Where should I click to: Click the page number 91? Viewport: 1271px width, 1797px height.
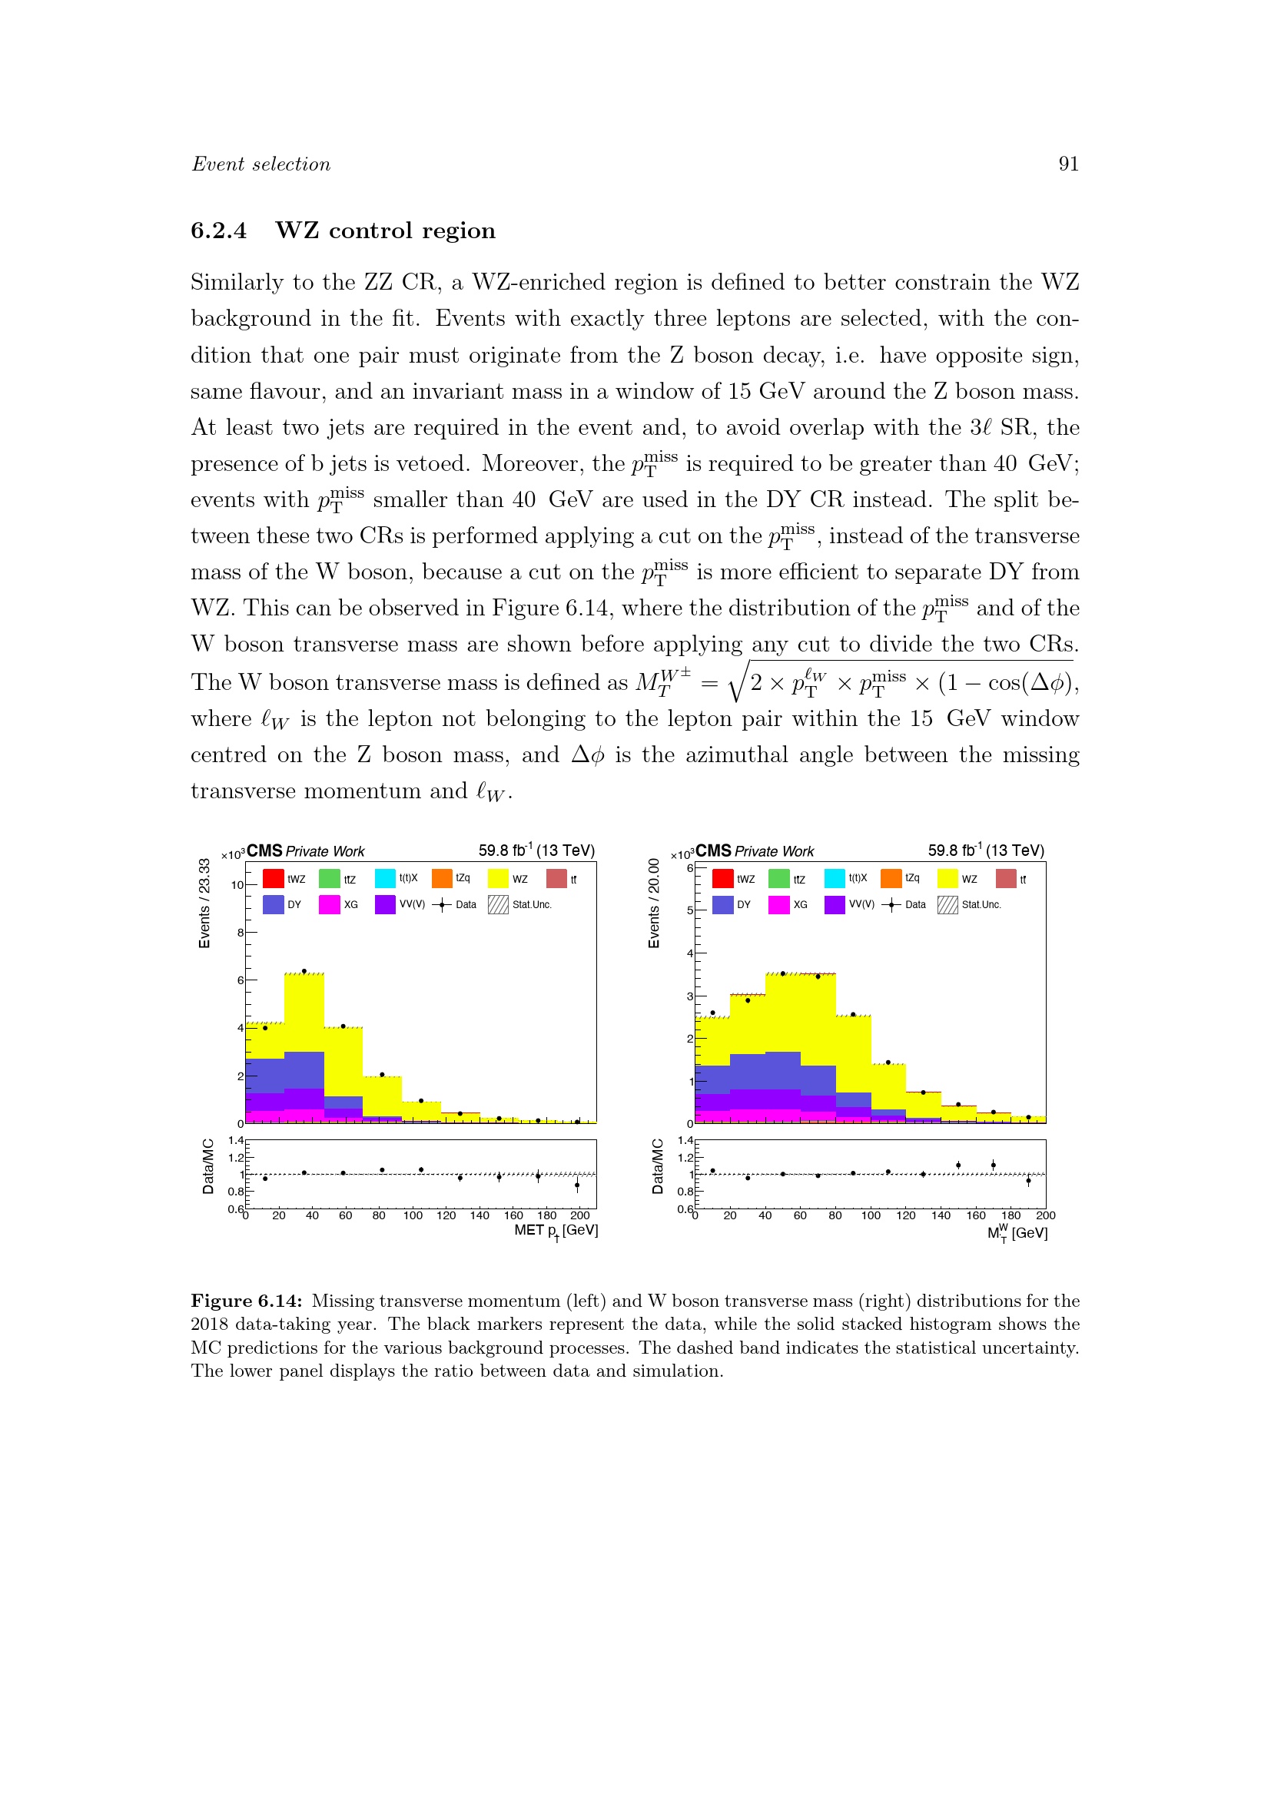(1068, 164)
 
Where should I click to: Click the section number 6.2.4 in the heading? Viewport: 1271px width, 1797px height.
(218, 231)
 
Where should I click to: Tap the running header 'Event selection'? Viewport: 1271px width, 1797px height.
(261, 164)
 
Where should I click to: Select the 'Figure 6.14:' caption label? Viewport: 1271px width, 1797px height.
(246, 1301)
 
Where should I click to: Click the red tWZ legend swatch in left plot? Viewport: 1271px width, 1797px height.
(273, 879)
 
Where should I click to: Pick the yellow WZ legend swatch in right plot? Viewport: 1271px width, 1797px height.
(947, 879)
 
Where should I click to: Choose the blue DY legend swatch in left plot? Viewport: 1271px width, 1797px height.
(273, 905)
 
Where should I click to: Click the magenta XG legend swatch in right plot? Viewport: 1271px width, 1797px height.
(778, 905)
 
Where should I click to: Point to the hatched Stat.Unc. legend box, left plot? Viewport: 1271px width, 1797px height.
(498, 905)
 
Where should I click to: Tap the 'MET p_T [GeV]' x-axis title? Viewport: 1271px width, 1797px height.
(556, 1231)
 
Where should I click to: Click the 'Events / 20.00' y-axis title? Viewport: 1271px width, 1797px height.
(654, 903)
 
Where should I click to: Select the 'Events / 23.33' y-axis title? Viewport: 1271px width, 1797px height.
(204, 903)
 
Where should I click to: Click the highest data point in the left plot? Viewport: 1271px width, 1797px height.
(304, 971)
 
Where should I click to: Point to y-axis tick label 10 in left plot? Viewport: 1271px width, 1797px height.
(237, 885)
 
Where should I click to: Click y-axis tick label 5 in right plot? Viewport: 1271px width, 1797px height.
(689, 911)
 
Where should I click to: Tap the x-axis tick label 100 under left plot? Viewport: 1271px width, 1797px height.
(413, 1215)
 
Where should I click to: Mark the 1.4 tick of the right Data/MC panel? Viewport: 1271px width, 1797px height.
(685, 1141)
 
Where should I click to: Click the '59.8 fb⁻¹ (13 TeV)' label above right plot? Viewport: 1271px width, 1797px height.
(986, 850)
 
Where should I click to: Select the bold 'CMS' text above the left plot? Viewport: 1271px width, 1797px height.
(264, 850)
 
